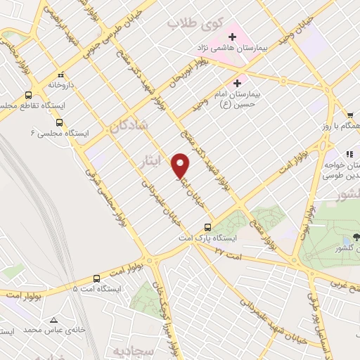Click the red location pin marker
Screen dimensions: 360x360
coord(181,165)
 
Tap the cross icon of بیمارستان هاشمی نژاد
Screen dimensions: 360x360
coord(232,36)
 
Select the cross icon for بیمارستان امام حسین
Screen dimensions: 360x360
coord(247,82)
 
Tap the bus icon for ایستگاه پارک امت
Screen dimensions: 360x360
coord(207,227)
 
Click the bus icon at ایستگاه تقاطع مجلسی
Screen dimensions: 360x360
coord(29,94)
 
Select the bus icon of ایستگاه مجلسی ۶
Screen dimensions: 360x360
coord(58,121)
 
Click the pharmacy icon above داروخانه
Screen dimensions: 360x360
coord(61,73)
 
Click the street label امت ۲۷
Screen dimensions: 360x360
coord(228,250)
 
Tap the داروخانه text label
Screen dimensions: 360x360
coord(61,84)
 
